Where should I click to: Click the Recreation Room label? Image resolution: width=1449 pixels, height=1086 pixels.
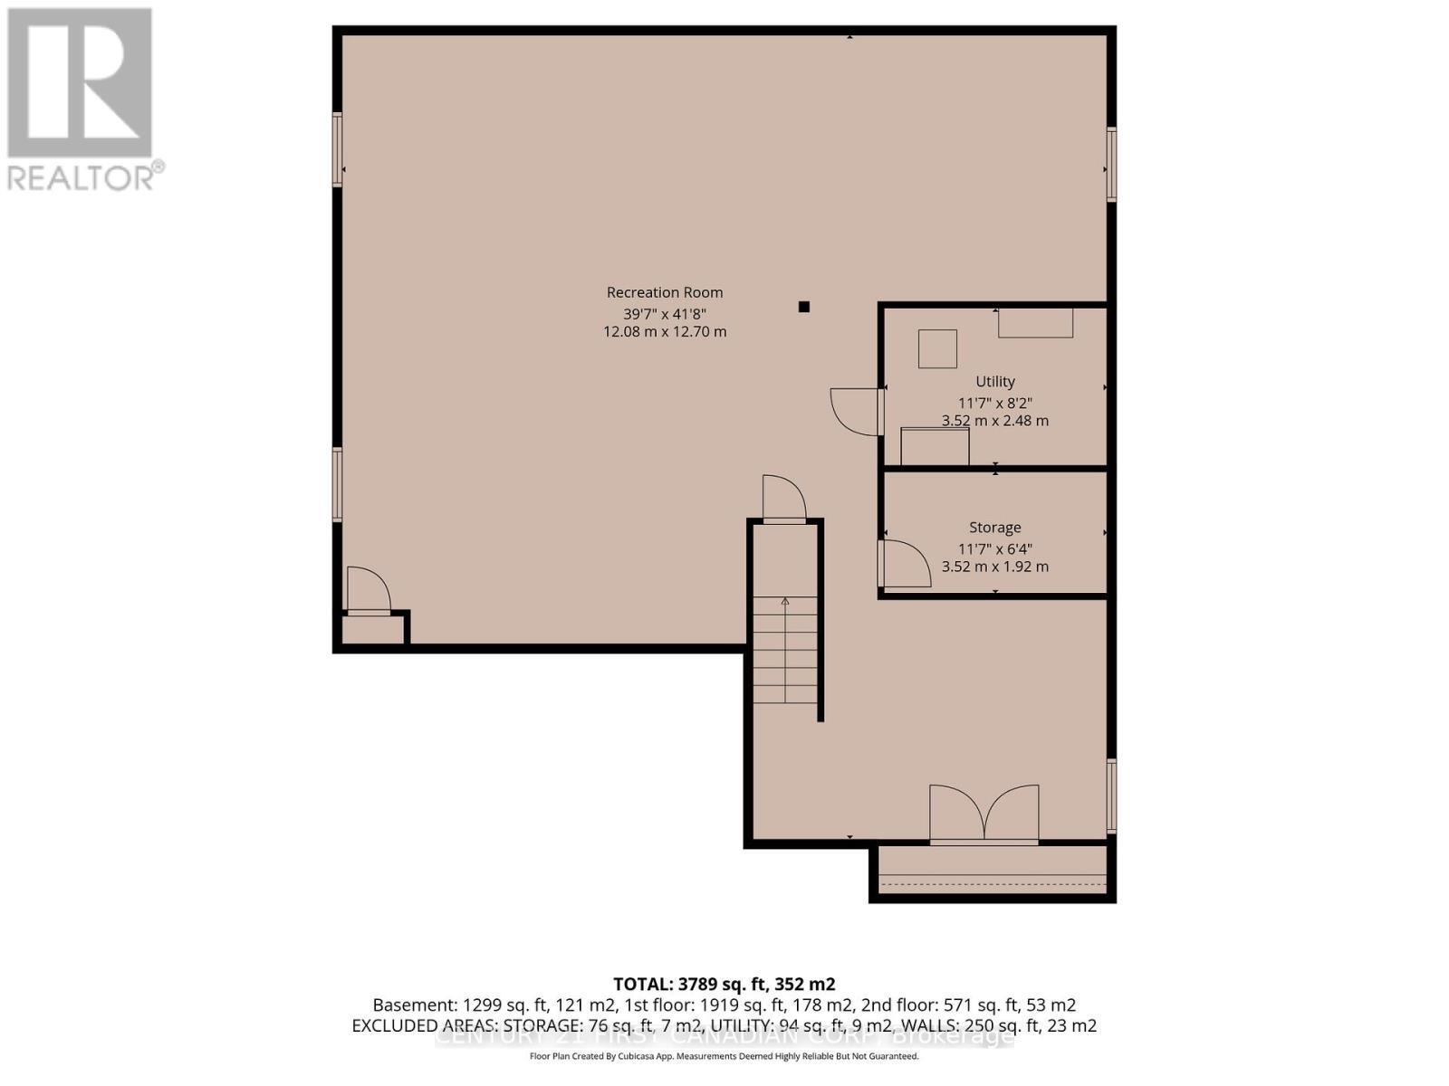click(665, 292)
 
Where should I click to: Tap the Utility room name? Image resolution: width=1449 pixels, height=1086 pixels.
click(994, 382)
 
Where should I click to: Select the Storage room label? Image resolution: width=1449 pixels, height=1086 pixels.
click(994, 528)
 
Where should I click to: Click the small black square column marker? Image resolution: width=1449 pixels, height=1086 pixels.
click(803, 307)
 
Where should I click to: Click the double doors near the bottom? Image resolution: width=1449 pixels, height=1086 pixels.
click(984, 814)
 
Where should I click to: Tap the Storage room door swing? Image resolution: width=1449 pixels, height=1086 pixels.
click(905, 564)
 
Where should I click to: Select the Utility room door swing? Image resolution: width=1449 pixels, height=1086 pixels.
click(857, 412)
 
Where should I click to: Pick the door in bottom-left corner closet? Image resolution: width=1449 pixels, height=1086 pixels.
click(368, 591)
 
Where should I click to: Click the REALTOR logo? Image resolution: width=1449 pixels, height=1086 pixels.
click(82, 100)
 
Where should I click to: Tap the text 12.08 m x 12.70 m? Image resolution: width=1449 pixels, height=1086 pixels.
click(665, 331)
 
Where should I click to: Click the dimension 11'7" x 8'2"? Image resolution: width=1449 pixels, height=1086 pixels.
click(994, 403)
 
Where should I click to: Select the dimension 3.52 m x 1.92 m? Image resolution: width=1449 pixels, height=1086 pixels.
click(994, 567)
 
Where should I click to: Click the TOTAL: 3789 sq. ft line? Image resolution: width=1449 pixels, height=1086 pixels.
click(724, 984)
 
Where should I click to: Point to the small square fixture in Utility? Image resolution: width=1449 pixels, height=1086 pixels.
click(937, 348)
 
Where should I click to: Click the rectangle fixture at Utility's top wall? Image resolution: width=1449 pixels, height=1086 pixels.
click(1035, 323)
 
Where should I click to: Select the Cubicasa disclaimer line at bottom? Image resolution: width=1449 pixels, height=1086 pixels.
click(724, 1057)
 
